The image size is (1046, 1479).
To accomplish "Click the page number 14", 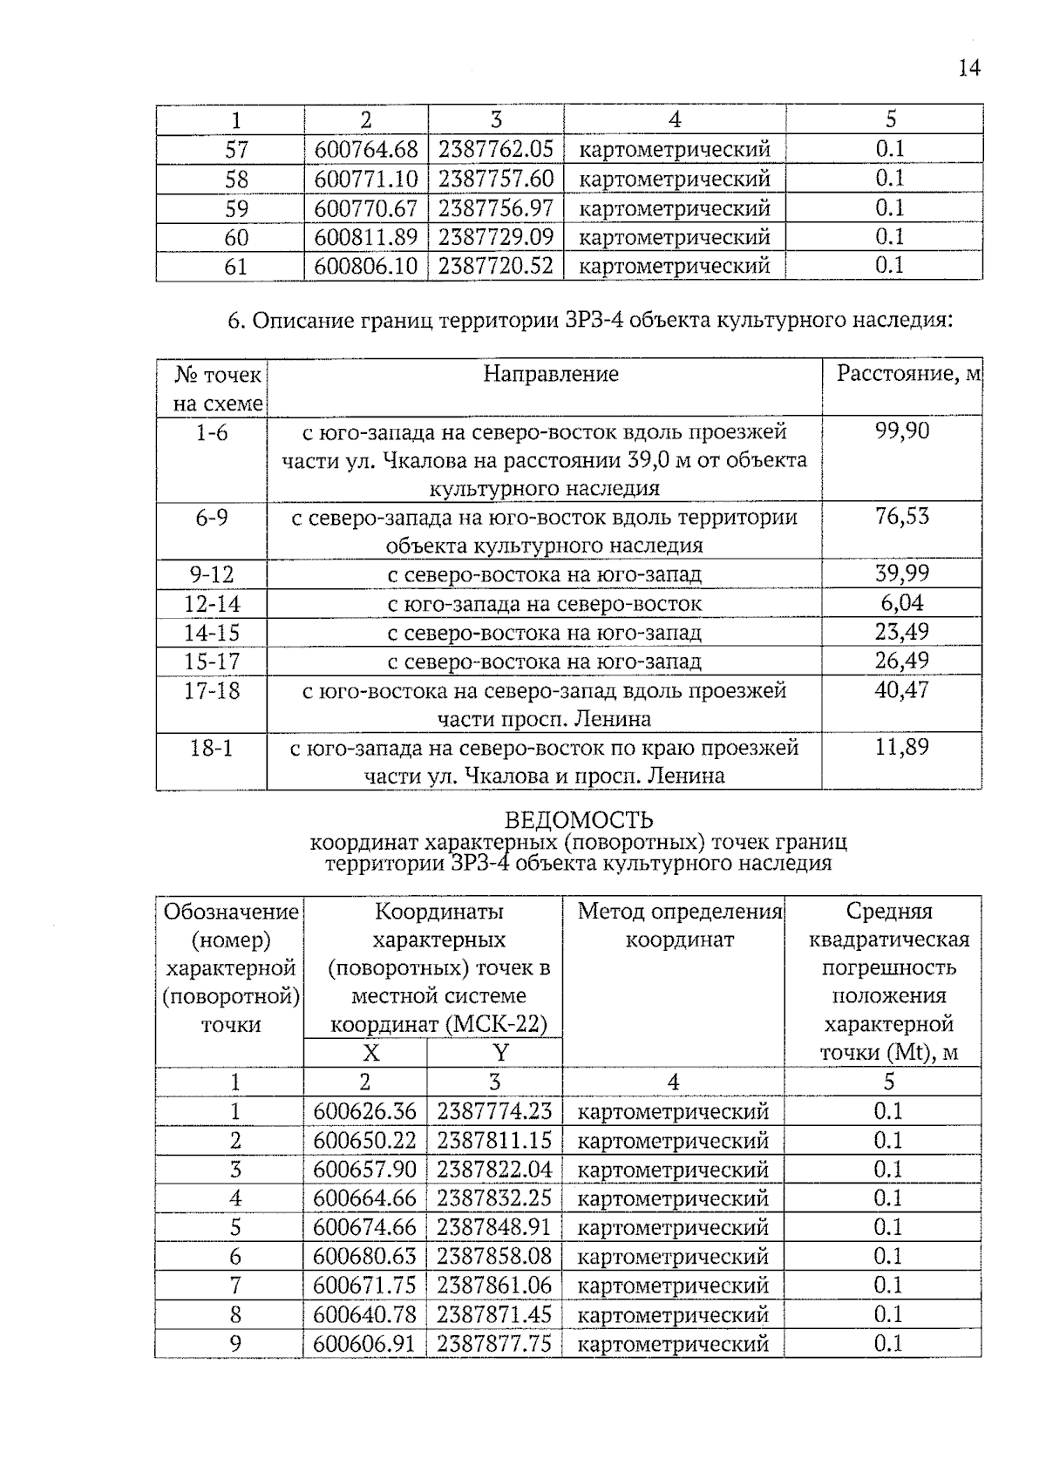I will coord(969,68).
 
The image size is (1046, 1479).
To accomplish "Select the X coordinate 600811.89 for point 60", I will coord(366,237).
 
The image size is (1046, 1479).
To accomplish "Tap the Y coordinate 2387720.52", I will coord(495,266).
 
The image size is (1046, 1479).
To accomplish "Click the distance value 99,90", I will coord(902,431).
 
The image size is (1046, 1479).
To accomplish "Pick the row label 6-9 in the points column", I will coord(212,518).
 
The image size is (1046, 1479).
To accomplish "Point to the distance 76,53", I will coord(902,516).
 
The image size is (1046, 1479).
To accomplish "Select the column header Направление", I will coord(551,374).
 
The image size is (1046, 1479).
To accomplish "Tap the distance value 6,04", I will coord(902,603).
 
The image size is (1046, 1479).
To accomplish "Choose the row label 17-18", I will coord(212,690).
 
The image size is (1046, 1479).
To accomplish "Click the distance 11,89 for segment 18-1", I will coord(902,747).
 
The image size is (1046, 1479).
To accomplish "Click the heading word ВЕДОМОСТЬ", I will coord(579,820).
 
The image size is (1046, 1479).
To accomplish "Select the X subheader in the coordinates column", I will coord(370,1053).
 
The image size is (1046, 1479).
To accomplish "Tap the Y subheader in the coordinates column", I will coord(499,1053).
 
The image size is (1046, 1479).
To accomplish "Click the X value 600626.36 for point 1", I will coord(364,1111).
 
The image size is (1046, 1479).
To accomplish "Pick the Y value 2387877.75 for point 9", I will coord(494,1343).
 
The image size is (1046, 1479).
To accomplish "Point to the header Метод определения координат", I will coord(680,926).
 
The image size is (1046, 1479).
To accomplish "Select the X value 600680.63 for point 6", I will coord(364,1256).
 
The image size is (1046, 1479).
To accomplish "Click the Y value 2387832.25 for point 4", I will coord(494,1198).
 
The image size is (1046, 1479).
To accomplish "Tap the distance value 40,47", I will coord(902,690).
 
